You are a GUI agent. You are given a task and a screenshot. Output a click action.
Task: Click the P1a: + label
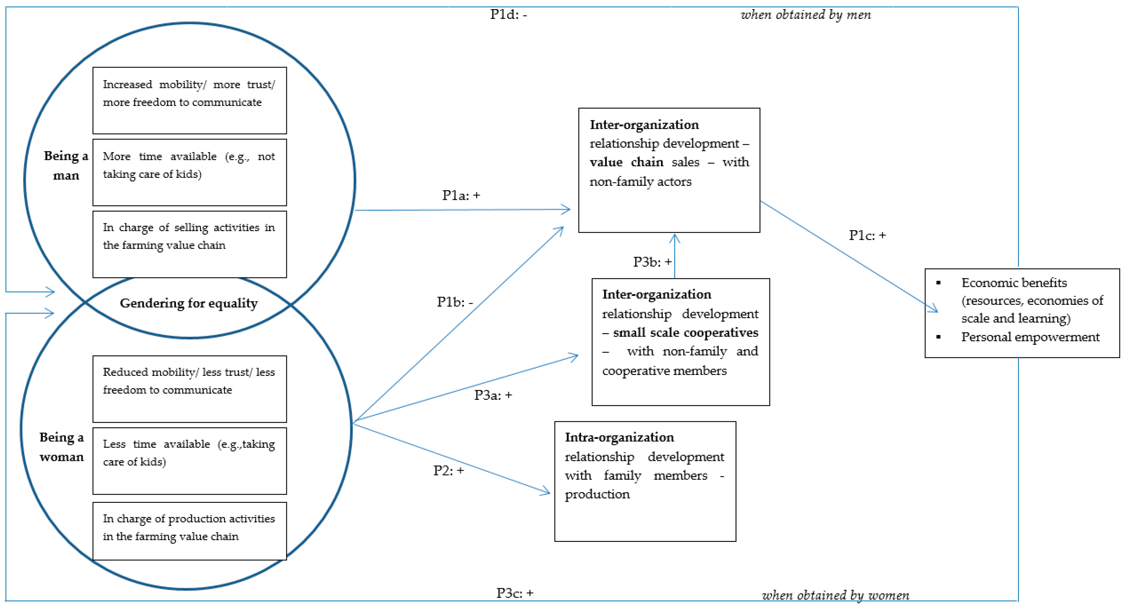click(x=461, y=195)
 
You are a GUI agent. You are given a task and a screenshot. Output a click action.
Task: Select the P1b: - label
click(x=455, y=302)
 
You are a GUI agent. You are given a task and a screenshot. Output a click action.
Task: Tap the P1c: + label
click(x=867, y=235)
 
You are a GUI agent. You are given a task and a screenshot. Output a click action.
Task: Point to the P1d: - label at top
click(x=508, y=14)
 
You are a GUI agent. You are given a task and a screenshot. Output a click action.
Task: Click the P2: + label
click(x=448, y=471)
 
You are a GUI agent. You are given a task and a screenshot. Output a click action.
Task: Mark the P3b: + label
click(x=652, y=262)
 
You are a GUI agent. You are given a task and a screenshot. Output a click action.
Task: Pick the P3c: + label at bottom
click(x=515, y=593)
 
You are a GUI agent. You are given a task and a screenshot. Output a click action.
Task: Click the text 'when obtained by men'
click(x=805, y=15)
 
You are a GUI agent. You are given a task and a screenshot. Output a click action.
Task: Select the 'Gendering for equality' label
click(x=189, y=303)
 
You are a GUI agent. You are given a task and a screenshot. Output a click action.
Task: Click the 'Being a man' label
click(x=66, y=165)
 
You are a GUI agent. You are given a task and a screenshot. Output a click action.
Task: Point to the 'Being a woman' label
click(x=61, y=446)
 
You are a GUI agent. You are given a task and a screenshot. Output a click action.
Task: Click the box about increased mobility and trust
click(x=190, y=101)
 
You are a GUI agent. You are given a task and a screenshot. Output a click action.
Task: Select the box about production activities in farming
click(x=190, y=531)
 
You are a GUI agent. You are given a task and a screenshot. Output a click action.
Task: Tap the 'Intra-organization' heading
click(x=619, y=437)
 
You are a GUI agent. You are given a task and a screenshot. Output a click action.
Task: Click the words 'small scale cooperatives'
click(x=685, y=332)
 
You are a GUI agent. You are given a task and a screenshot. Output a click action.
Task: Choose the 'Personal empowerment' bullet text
click(x=1030, y=337)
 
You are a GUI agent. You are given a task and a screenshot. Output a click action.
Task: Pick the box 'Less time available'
click(x=190, y=461)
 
